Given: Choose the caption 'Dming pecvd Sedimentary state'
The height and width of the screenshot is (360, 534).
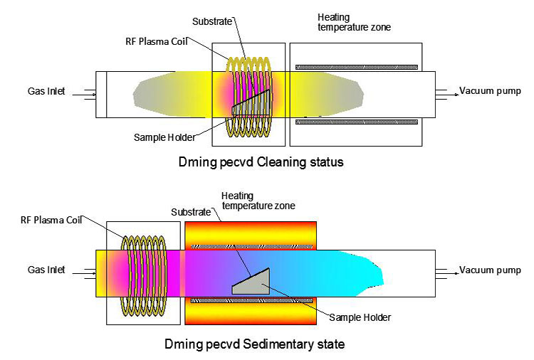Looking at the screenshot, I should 261,344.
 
